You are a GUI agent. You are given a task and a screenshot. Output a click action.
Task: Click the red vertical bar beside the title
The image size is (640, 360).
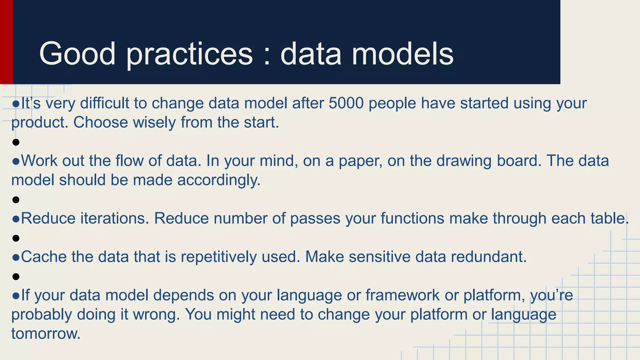pos(6,42)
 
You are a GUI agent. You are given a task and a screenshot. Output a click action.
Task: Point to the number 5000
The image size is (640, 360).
pos(346,103)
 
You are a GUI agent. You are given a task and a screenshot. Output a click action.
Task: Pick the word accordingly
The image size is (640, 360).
pos(219,180)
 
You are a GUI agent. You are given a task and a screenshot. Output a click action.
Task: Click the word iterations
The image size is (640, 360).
pos(115,218)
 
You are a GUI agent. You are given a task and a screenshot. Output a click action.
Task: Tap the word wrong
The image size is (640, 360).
pos(157,315)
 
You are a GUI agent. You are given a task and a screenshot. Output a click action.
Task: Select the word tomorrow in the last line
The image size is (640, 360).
pos(46,334)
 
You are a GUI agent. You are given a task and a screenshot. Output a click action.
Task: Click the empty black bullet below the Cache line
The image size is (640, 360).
pos(16,277)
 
